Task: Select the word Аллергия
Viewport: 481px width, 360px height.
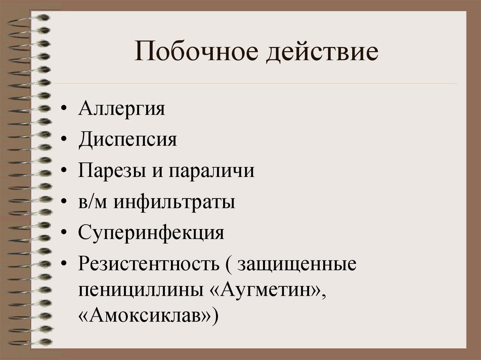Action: [122, 109]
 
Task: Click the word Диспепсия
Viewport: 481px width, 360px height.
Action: [128, 140]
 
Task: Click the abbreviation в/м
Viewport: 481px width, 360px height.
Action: [93, 202]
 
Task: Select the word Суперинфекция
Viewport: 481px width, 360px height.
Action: [151, 233]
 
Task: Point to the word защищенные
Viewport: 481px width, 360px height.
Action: [297, 264]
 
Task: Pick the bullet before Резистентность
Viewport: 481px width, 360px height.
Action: [64, 265]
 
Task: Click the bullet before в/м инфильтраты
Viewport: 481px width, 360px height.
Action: [64, 203]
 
